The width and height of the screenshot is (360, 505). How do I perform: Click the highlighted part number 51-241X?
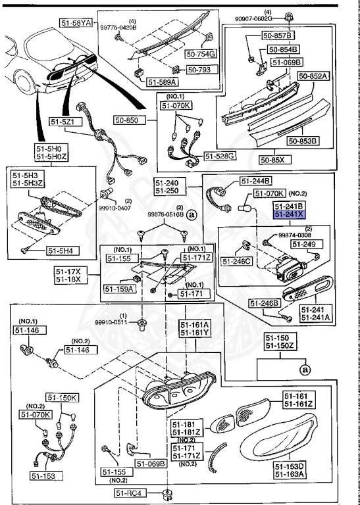pos(290,214)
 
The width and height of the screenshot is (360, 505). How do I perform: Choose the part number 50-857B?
pos(284,35)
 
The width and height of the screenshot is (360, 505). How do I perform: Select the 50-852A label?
pos(313,76)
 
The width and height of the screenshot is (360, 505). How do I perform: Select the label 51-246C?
pos(237,260)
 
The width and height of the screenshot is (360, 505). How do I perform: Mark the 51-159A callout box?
pos(119,288)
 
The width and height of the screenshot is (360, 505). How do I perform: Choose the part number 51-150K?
pos(62,398)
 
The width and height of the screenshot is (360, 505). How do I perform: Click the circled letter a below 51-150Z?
pos(305,370)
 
